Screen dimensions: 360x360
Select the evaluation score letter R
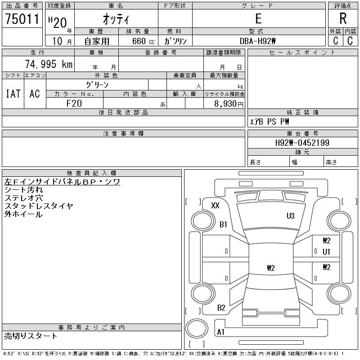click(x=342, y=19)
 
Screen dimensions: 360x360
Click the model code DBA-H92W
click(x=258, y=41)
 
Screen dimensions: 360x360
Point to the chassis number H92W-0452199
click(x=302, y=143)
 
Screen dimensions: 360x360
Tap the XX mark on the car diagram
click(x=215, y=206)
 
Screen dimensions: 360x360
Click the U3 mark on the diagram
click(x=291, y=216)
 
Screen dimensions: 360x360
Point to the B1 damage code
click(x=223, y=224)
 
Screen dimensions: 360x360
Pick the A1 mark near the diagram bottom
click(x=220, y=332)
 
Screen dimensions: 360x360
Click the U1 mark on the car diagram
click(x=326, y=252)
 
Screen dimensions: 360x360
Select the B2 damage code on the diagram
click(x=221, y=308)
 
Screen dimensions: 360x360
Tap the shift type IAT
click(x=13, y=94)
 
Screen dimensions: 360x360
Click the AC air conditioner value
click(x=35, y=94)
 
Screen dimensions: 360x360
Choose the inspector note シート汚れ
click(x=24, y=190)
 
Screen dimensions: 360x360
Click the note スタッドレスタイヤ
click(x=39, y=206)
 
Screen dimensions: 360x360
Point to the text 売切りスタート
click(x=31, y=336)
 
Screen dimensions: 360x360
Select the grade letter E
click(x=258, y=19)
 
